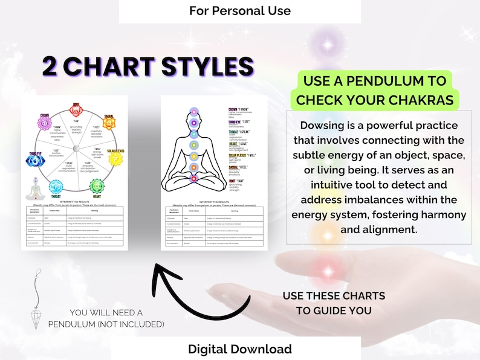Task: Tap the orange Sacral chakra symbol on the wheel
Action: pos(109,123)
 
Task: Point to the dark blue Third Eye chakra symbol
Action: pos(33,160)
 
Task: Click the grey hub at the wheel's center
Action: pos(76,149)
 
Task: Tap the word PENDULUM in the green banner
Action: pos(400,80)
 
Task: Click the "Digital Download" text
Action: pos(239,349)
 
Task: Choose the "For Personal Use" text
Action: pos(239,11)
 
